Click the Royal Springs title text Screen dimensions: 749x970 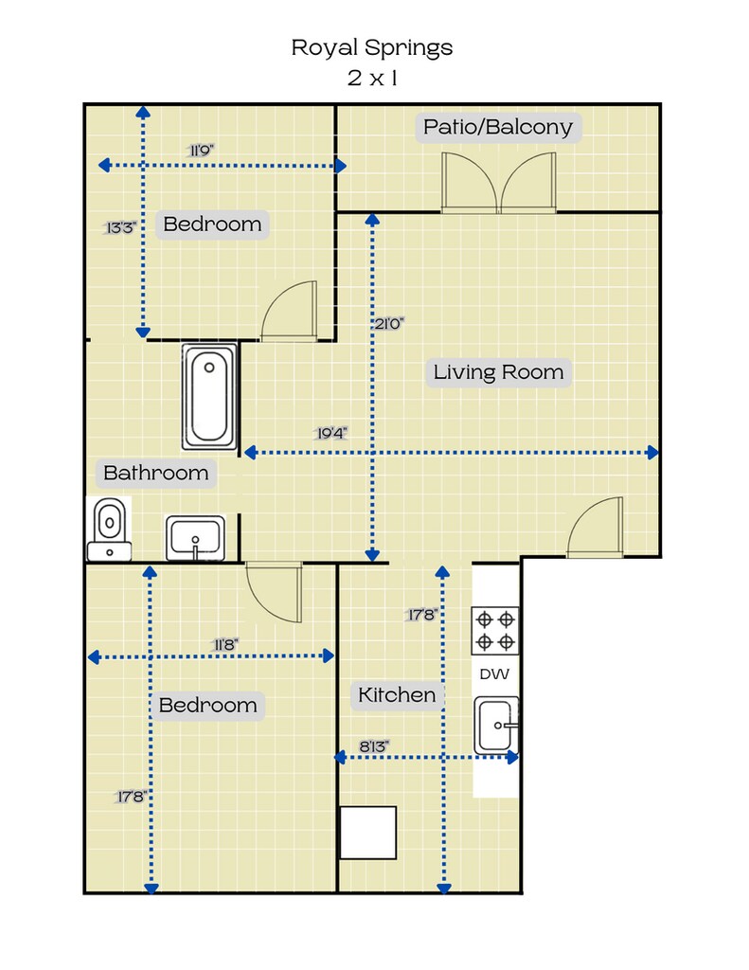(372, 47)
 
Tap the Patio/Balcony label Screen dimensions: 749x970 (498, 127)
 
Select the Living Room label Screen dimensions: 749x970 (498, 371)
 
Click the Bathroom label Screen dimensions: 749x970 (156, 473)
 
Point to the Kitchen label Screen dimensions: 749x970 (397, 694)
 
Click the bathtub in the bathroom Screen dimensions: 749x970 (209, 397)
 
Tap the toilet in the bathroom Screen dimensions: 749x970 (110, 530)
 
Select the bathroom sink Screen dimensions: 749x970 (195, 538)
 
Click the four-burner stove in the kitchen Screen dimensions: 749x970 (495, 630)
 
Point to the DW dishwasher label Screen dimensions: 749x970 (495, 674)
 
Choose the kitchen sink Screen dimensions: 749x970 (496, 725)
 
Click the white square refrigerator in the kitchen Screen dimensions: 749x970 (368, 833)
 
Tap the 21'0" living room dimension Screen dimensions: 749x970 (388, 324)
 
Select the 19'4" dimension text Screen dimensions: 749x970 (330, 433)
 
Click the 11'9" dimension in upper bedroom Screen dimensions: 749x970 (201, 151)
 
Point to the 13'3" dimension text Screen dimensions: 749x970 (120, 227)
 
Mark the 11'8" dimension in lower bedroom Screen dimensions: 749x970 (225, 644)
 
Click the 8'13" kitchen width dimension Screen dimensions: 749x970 (374, 746)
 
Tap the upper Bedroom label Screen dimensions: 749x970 (212, 224)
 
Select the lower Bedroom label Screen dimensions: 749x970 (207, 705)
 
